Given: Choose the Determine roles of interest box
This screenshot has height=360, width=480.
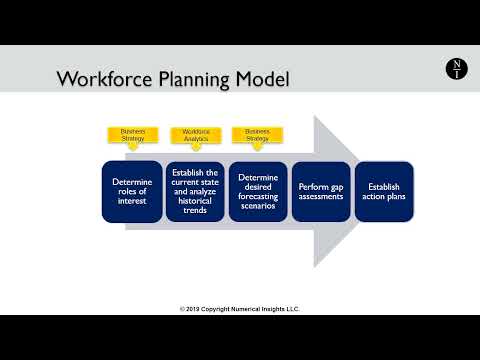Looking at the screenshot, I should [133, 191].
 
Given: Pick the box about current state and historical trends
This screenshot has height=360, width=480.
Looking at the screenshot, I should [196, 191].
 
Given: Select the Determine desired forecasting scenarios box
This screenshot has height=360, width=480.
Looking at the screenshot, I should [258, 191].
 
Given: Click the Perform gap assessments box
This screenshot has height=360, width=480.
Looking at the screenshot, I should [321, 191].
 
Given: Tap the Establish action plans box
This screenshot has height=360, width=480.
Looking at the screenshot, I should [384, 191].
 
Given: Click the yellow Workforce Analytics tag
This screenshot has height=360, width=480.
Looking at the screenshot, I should [196, 134].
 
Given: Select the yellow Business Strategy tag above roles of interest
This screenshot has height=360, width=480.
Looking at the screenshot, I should [133, 134].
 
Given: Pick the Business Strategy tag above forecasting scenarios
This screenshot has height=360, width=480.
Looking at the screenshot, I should [258, 134].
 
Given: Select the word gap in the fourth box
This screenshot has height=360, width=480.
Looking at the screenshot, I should [336, 186].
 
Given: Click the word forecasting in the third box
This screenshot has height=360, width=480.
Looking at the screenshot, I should [258, 197].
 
